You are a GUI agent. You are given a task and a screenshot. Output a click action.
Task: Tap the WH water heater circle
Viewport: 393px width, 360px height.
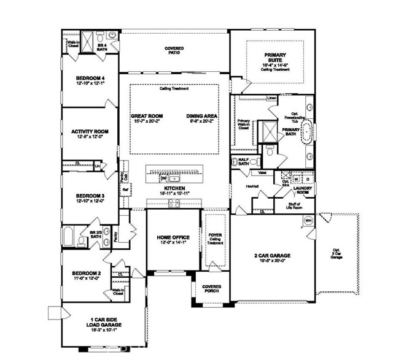309,220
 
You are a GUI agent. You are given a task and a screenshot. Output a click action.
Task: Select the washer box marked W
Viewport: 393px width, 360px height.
297,179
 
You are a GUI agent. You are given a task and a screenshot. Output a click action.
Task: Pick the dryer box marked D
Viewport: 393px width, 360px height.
308,179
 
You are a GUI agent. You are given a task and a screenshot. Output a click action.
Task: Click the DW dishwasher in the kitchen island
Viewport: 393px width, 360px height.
163,178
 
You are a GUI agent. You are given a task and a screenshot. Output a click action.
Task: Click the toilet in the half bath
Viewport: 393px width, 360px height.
236,163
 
